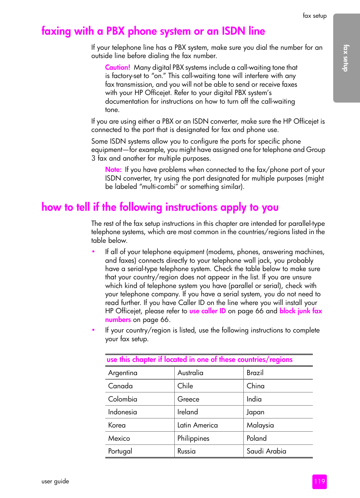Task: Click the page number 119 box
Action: click(x=319, y=481)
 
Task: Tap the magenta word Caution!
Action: click(x=117, y=67)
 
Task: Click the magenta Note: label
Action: click(x=113, y=170)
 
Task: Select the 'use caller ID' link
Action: click(x=207, y=311)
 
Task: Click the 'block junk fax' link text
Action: click(x=300, y=311)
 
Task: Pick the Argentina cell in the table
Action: click(x=123, y=373)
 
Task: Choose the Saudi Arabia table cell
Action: click(x=266, y=451)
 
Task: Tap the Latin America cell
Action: click(x=197, y=425)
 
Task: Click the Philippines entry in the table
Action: click(x=193, y=438)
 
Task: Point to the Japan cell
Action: click(x=255, y=412)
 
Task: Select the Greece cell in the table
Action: click(x=188, y=399)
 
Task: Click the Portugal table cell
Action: click(x=120, y=451)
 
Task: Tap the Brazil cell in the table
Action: click(x=255, y=373)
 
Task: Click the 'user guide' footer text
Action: click(x=55, y=481)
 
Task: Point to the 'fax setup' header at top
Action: click(x=314, y=16)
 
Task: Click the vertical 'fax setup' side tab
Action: click(x=346, y=58)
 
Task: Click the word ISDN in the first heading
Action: click(x=233, y=31)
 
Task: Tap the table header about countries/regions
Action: click(x=199, y=360)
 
